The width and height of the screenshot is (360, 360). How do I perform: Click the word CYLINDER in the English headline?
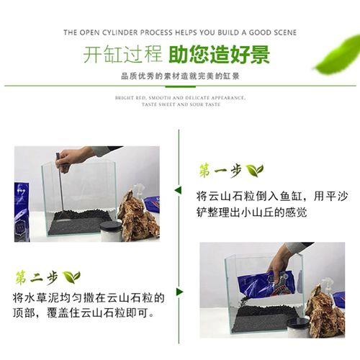[120, 32]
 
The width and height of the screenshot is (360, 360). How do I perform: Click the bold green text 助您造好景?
[220, 55]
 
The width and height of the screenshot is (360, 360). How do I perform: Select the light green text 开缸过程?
[122, 55]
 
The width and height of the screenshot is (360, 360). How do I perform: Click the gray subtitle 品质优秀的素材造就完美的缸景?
[180, 76]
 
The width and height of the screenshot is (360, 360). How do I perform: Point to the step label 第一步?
[220, 171]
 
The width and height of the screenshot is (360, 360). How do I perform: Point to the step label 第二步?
[37, 278]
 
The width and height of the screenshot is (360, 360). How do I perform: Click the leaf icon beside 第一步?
[255, 170]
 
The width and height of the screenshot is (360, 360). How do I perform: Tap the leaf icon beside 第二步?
[71, 277]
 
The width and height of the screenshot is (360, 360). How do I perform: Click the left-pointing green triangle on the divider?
[178, 190]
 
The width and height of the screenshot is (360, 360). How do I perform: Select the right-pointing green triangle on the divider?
[179, 292]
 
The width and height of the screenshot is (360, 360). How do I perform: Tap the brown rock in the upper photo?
[139, 217]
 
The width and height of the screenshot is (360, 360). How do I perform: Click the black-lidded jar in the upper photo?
[111, 231]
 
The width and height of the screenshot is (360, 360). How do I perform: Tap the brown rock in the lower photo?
[325, 311]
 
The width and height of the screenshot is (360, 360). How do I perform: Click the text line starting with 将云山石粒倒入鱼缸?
[272, 196]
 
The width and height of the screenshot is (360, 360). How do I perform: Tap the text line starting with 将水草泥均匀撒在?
[89, 298]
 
